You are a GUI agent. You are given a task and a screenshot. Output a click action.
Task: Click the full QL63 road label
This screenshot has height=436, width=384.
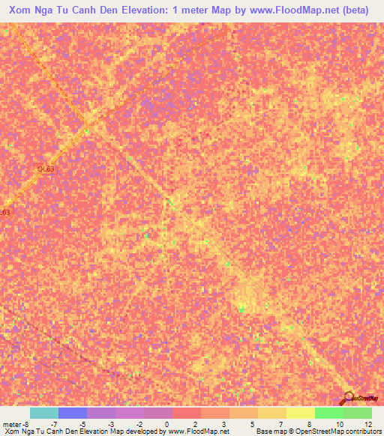tap(46, 169)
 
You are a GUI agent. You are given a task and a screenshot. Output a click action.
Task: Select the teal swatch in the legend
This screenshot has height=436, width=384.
tap(43, 414)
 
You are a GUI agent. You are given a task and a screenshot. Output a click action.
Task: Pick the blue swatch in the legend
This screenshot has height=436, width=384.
tap(72, 414)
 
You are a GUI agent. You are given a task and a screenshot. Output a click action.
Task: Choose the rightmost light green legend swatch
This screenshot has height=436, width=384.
tap(357, 414)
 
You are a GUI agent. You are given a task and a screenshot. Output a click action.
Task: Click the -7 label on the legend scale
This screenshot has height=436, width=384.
tap(53, 424)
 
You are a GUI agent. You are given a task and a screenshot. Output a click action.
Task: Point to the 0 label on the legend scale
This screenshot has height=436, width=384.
tap(166, 424)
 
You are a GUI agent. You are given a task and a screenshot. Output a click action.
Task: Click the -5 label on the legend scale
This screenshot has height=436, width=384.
tap(82, 424)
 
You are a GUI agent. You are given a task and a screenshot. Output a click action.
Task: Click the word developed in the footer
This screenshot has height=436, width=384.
tap(140, 432)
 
